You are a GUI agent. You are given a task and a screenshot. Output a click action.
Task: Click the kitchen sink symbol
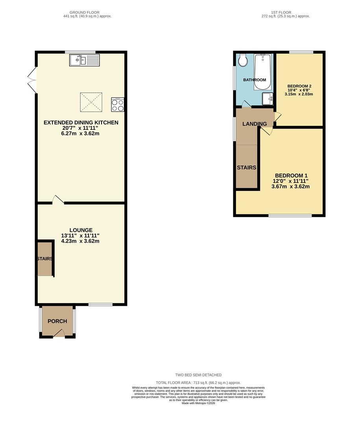85,60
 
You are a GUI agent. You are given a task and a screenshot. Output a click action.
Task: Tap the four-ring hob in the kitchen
117,105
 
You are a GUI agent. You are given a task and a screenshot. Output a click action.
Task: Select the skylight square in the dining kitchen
91,102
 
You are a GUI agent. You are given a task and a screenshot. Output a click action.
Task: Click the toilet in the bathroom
242,60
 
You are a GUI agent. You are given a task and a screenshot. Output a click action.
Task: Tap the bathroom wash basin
268,98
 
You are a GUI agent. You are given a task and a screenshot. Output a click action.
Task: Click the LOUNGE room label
81,230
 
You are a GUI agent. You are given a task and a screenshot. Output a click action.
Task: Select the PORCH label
57,321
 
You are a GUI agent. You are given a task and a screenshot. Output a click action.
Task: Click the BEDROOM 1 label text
290,176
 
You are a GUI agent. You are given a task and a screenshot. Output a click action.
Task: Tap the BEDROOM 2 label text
299,86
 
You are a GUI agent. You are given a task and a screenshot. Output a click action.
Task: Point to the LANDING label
255,124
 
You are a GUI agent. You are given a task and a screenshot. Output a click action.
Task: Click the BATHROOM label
254,80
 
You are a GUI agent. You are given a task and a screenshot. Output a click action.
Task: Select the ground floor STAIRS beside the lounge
44,259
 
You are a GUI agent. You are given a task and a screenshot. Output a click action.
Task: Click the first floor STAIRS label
246,168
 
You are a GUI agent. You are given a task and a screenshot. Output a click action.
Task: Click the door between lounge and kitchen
58,200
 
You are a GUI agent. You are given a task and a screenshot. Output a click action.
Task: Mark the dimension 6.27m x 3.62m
81,133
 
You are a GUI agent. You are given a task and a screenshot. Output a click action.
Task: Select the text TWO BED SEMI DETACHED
198,375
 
